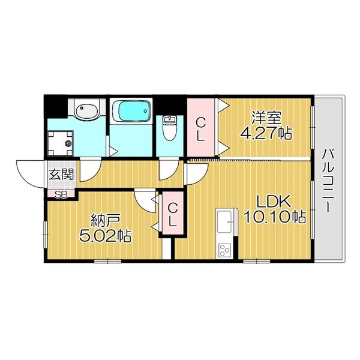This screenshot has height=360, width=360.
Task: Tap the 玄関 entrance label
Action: pyautogui.click(x=61, y=175)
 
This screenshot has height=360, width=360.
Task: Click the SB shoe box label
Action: pyautogui.click(x=61, y=194)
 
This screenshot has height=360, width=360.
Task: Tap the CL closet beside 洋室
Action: pyautogui.click(x=201, y=128)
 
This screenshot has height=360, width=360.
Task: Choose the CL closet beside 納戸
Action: pyautogui.click(x=172, y=215)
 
